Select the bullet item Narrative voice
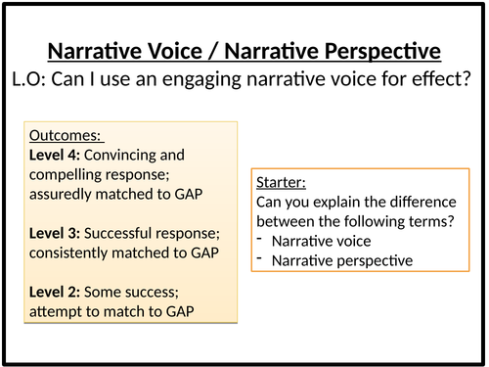(x=315, y=242)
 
